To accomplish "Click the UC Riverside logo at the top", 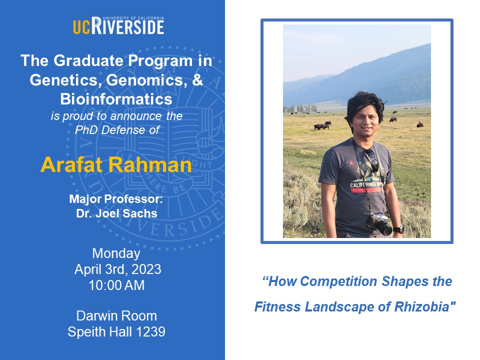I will click(x=118, y=25).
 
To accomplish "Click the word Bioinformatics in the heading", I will click(x=116, y=99).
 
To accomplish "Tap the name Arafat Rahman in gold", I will click(x=116, y=164).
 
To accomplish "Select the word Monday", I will click(x=116, y=253).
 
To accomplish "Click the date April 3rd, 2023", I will click(x=117, y=269).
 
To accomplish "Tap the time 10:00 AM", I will click(x=116, y=285).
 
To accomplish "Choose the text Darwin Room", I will click(x=116, y=316).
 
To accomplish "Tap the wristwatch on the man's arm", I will click(x=398, y=229).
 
